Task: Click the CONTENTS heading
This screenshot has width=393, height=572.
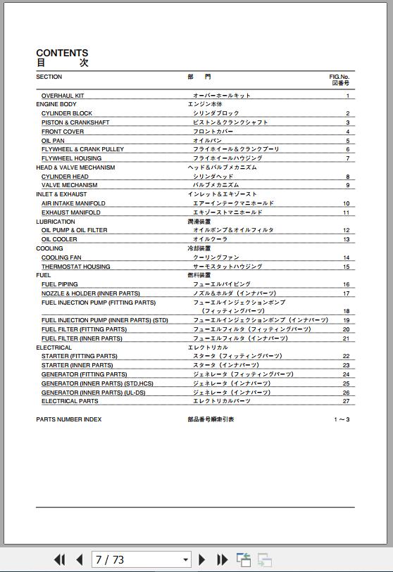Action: click(62, 53)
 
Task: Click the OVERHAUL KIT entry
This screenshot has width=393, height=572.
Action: click(62, 96)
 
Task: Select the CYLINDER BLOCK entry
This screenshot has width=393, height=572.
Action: click(66, 113)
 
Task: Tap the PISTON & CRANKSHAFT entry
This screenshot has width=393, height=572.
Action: click(75, 122)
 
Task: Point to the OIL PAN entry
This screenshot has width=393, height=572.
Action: click(53, 141)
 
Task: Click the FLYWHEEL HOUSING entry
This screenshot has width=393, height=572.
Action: click(71, 158)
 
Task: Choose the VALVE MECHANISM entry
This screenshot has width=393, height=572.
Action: click(69, 185)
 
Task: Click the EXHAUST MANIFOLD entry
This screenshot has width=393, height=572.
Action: click(70, 212)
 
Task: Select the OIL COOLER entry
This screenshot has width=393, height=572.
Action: click(59, 239)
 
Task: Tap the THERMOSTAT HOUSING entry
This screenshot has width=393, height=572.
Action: click(75, 267)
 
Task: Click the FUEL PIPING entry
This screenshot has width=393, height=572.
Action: click(60, 284)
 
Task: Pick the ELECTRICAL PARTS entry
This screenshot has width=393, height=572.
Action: click(70, 401)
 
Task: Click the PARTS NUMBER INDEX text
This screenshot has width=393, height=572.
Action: click(68, 419)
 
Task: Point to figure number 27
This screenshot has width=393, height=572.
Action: click(346, 401)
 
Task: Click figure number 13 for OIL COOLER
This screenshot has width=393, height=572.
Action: click(346, 239)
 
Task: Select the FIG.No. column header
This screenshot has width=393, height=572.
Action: click(339, 77)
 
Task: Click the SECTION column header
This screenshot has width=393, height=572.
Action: click(49, 77)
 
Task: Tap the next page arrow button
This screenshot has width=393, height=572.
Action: click(202, 560)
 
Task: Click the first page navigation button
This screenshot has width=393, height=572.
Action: click(59, 560)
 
